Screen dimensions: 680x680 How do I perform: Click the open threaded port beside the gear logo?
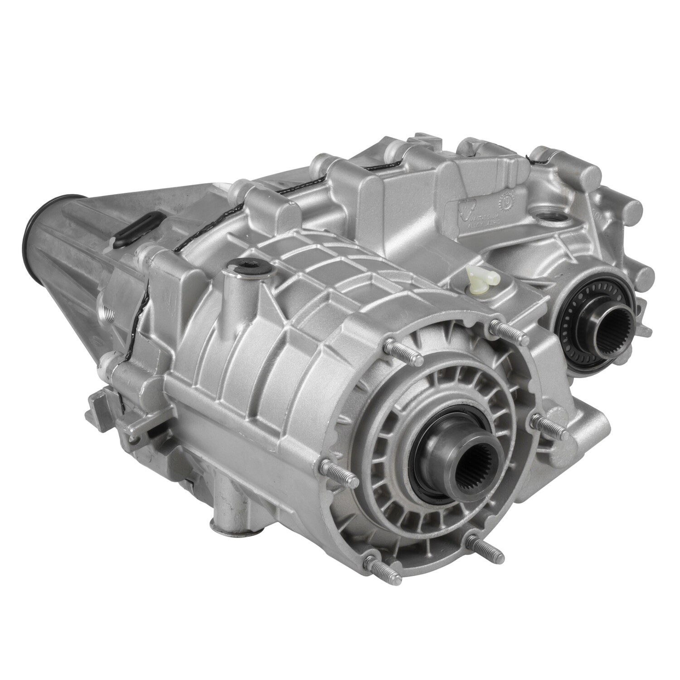pos(548,223)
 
